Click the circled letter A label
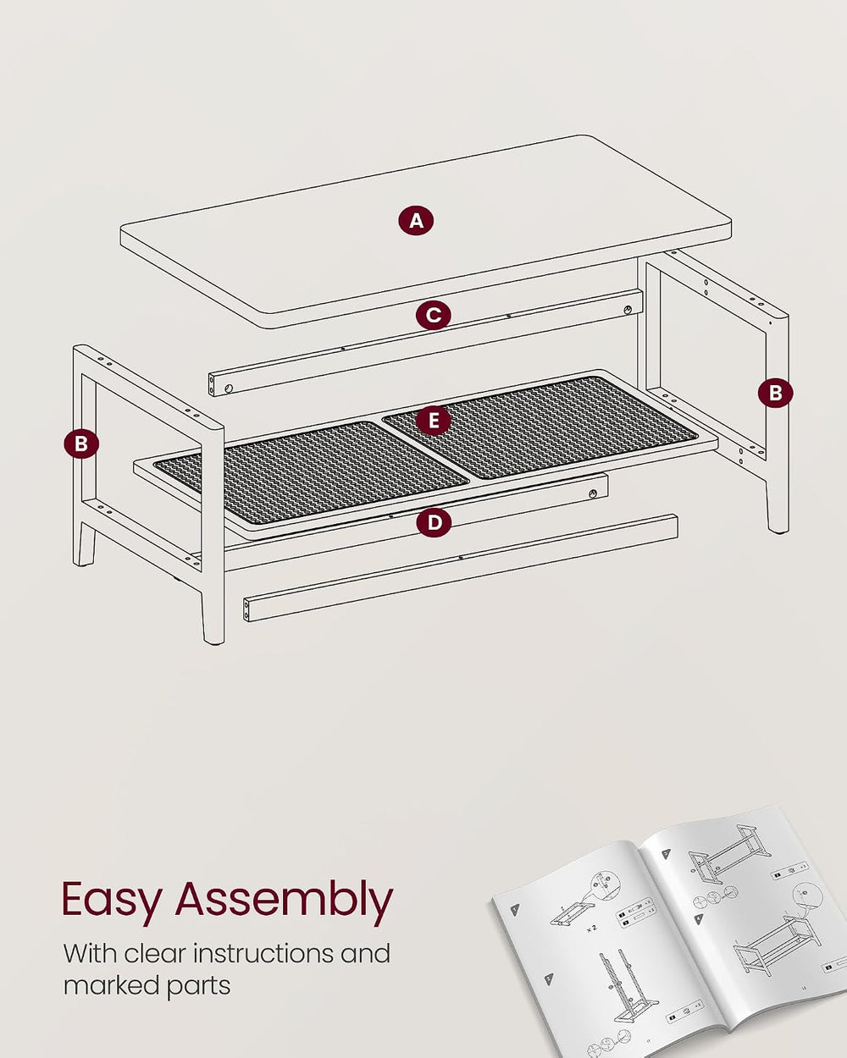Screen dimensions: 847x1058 coord(416,221)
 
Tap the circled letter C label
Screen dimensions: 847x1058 coord(433,315)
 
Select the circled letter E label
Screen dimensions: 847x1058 coord(434,421)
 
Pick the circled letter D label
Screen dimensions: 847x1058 coord(434,522)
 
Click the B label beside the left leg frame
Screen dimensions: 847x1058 coord(81,444)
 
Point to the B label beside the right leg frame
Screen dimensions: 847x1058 coord(775,393)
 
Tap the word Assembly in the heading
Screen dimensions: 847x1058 coord(285,900)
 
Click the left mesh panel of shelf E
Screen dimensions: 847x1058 coord(311,471)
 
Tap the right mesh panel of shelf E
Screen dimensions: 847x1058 coord(540,427)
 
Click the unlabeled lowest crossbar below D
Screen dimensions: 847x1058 coord(461,568)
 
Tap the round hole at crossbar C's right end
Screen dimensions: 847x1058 coord(628,310)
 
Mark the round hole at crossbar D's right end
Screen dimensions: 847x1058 coord(594,493)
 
